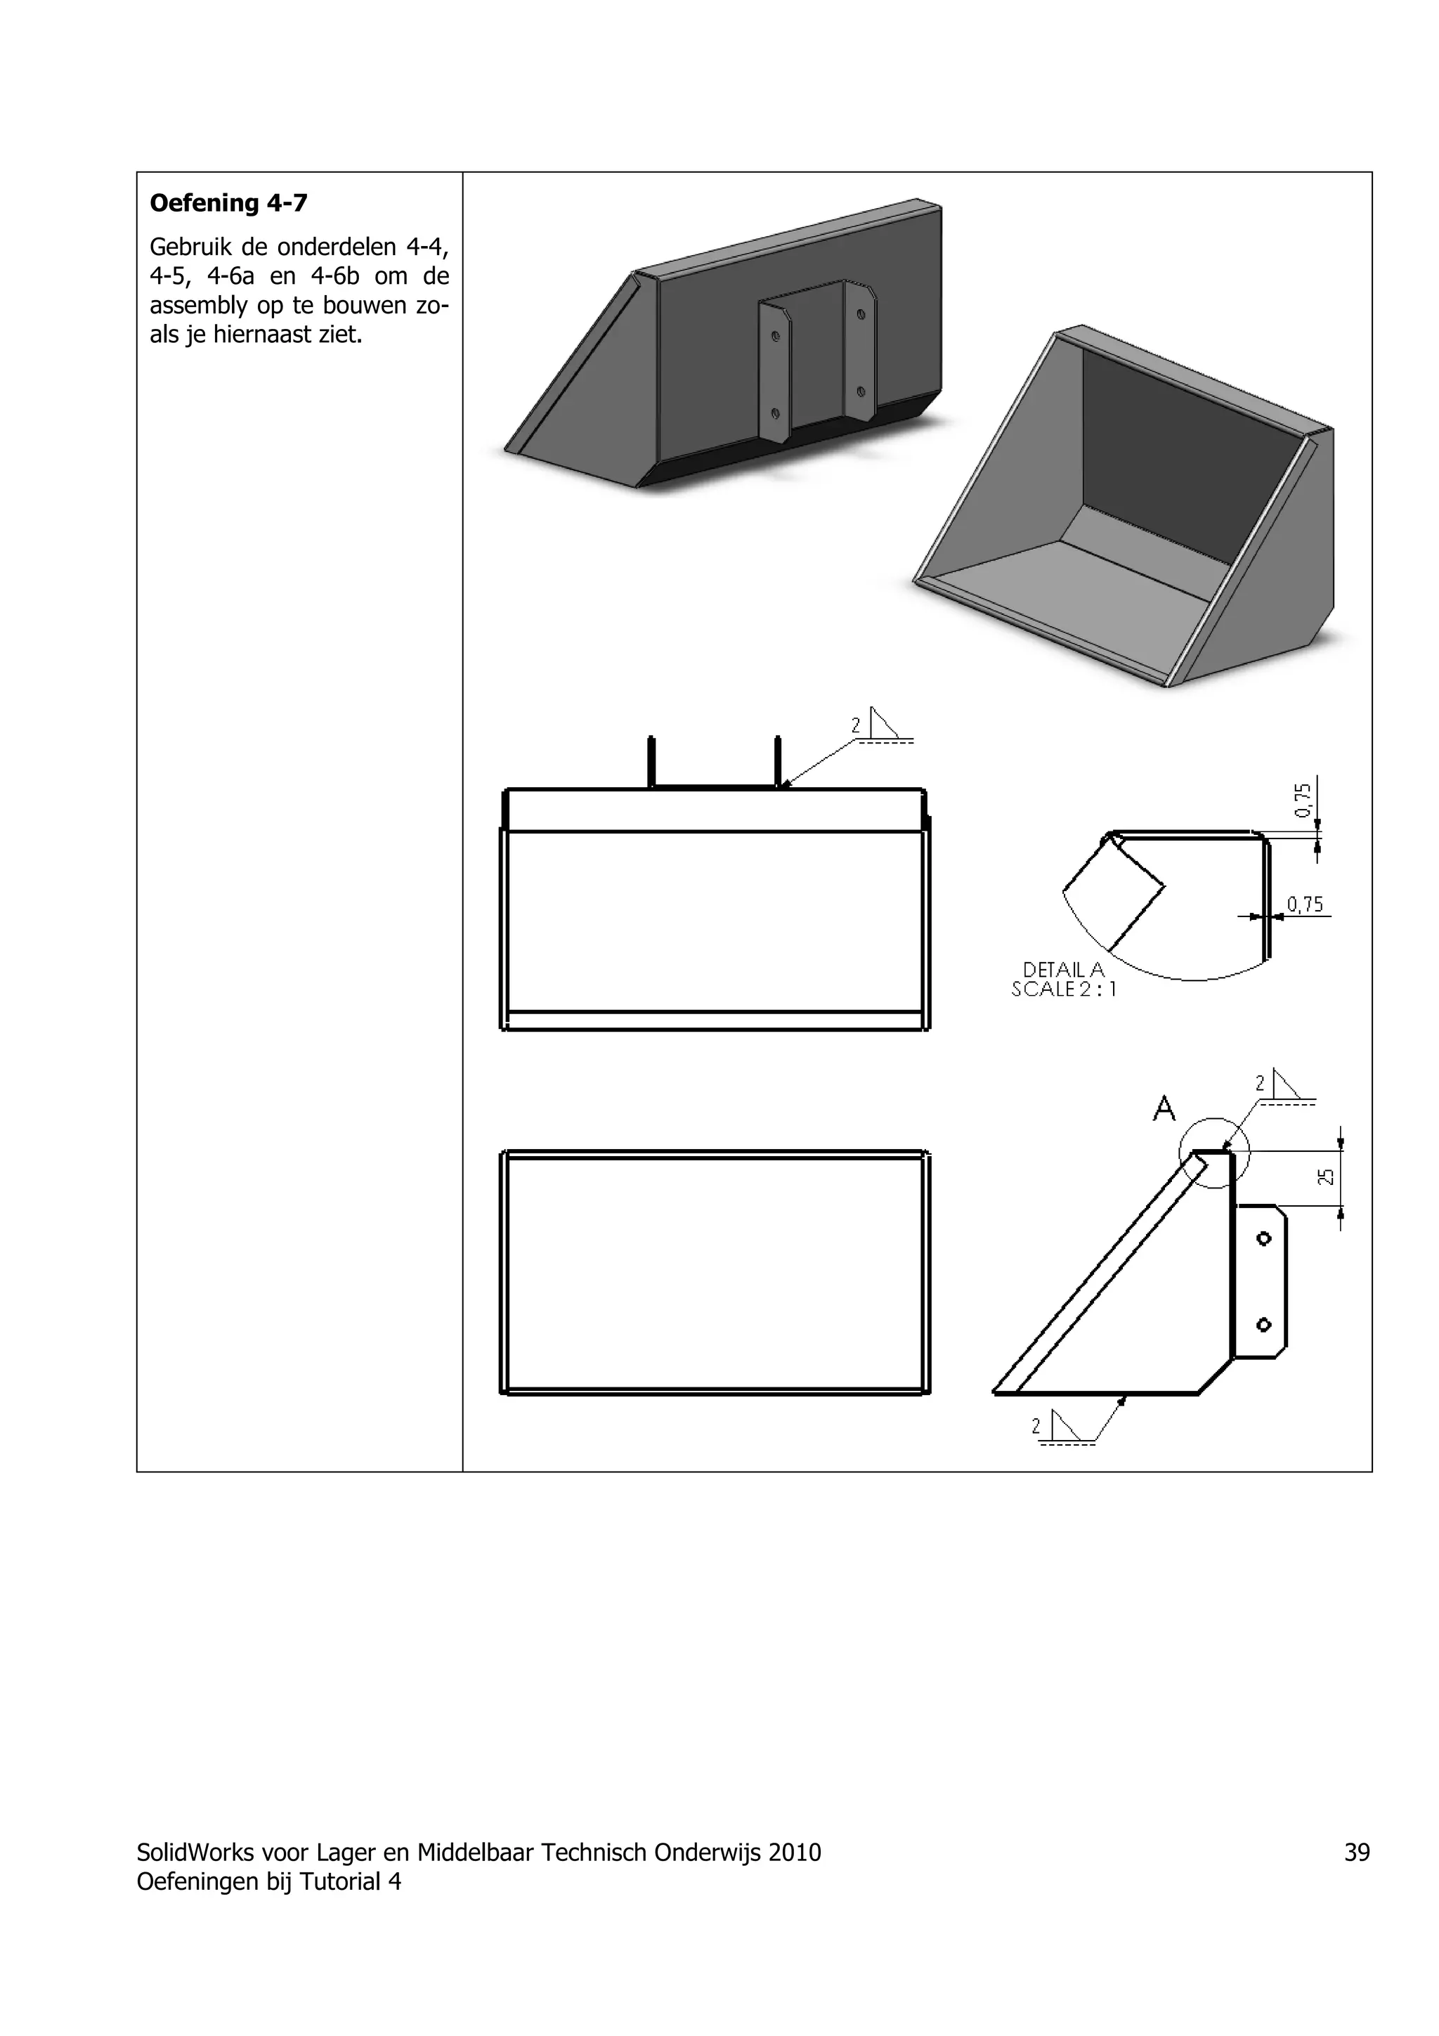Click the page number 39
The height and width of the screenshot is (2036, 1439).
1357,1852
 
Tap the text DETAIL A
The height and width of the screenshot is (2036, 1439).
1064,969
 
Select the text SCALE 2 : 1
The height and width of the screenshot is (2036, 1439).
1064,989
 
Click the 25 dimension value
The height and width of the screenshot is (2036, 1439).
1325,1176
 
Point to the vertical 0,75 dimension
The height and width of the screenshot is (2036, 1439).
1303,800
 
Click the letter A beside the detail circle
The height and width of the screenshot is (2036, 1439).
1164,1108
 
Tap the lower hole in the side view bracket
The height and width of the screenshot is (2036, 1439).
1264,1325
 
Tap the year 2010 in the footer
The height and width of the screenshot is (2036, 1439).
795,1852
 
